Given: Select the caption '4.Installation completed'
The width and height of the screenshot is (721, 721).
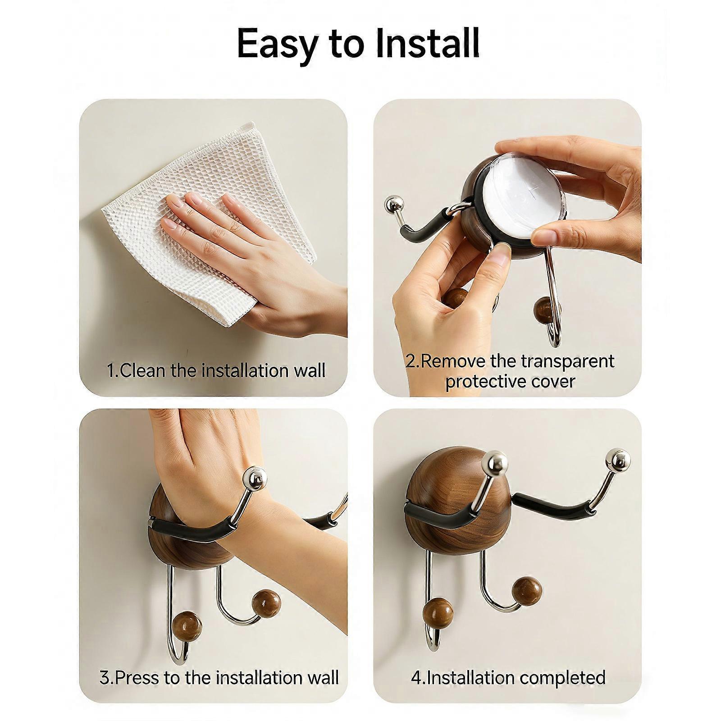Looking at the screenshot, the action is (x=508, y=677).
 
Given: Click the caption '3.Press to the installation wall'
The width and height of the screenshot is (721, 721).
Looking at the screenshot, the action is (x=219, y=677).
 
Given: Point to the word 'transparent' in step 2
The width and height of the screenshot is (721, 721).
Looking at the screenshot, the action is (x=567, y=361).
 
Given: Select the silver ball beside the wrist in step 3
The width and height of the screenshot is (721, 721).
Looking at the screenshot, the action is (x=254, y=479).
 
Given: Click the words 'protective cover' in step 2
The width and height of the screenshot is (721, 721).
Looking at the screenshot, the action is (x=510, y=382).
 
